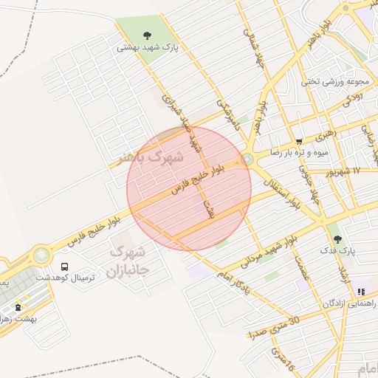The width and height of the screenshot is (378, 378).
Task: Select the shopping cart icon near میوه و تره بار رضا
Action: click(298, 141)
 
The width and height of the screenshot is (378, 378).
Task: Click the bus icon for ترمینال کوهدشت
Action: click(64, 267)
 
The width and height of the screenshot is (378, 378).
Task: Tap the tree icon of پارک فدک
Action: click(337, 238)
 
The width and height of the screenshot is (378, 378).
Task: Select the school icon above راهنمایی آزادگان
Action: click(360, 292)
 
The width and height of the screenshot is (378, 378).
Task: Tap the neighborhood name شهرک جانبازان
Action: click(128, 261)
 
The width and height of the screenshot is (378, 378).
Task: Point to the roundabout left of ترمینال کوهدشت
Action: click(40, 255)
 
